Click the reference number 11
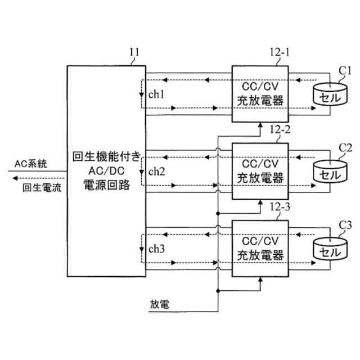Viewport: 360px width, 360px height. click(134, 54)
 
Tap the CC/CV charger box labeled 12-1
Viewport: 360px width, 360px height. click(260, 94)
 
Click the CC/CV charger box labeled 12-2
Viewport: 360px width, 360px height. click(260, 171)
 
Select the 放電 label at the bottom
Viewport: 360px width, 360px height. click(159, 304)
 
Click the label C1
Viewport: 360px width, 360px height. click(344, 70)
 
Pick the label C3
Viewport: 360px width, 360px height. click(345, 226)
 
